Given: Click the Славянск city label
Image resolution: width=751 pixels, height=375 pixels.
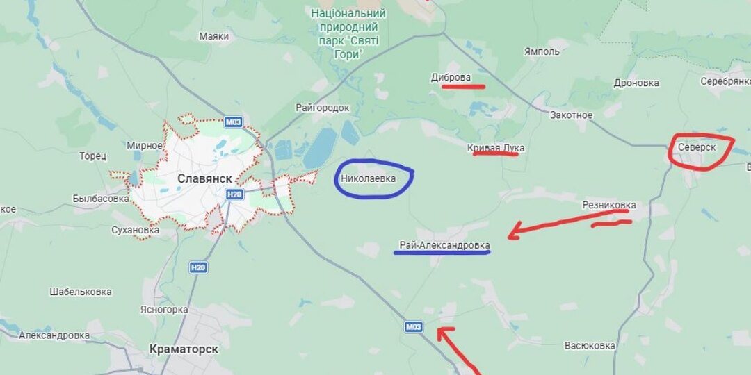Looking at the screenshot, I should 204,178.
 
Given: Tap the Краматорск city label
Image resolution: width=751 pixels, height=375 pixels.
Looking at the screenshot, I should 184,349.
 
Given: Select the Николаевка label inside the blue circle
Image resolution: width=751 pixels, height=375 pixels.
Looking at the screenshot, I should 368,178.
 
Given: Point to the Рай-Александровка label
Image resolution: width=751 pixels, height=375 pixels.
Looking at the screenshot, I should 444,245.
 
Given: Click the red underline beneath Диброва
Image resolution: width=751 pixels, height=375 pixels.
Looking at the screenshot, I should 463,87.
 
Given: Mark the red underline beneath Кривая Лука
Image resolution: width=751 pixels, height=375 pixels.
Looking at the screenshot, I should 495,154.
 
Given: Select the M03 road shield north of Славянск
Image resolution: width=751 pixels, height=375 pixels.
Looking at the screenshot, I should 234,122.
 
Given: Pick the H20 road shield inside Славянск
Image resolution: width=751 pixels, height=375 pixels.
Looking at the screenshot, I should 234,195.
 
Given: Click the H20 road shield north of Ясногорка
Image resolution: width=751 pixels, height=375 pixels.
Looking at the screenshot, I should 198,267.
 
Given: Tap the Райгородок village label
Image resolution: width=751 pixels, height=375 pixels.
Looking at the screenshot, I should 322,108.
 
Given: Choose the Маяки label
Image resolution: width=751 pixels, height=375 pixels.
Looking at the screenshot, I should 213,36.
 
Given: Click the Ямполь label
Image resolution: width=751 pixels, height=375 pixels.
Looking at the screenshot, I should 542,51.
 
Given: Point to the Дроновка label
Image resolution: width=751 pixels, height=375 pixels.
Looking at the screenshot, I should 636,83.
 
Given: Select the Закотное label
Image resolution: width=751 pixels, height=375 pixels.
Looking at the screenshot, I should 571,115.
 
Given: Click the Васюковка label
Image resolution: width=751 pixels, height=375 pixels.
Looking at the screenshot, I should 590,345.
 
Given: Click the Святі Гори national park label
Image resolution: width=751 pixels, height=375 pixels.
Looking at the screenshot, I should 348,33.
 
